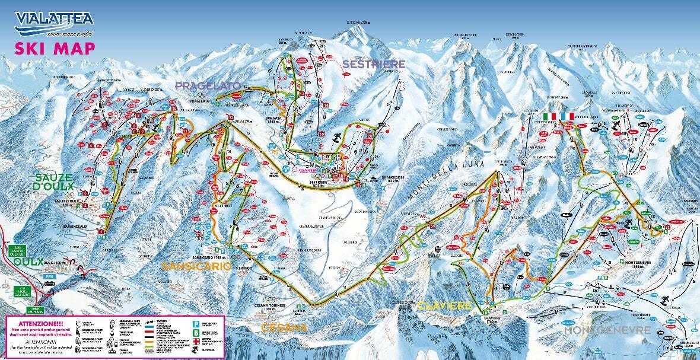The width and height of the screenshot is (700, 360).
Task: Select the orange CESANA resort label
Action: click(285, 327)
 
